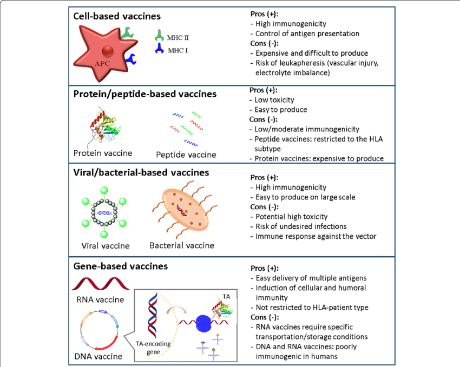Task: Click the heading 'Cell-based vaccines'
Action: (x=117, y=16)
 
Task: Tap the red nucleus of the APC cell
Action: (x=108, y=51)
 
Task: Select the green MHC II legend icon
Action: (x=159, y=35)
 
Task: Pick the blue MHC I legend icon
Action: (x=159, y=48)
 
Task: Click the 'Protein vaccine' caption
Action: (x=103, y=153)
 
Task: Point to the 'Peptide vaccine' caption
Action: (x=186, y=155)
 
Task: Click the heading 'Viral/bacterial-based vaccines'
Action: (x=141, y=172)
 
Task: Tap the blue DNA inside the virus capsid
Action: (x=104, y=213)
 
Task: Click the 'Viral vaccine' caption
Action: (x=106, y=246)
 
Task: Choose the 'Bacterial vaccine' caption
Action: (x=182, y=245)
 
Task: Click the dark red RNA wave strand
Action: (x=101, y=284)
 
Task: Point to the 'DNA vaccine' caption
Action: (x=98, y=356)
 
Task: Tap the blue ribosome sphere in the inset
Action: (x=203, y=323)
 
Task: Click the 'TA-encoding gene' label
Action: (x=153, y=348)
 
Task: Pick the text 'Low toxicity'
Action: (x=274, y=100)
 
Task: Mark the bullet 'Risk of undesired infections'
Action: (x=301, y=226)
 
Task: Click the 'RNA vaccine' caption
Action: (x=100, y=299)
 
